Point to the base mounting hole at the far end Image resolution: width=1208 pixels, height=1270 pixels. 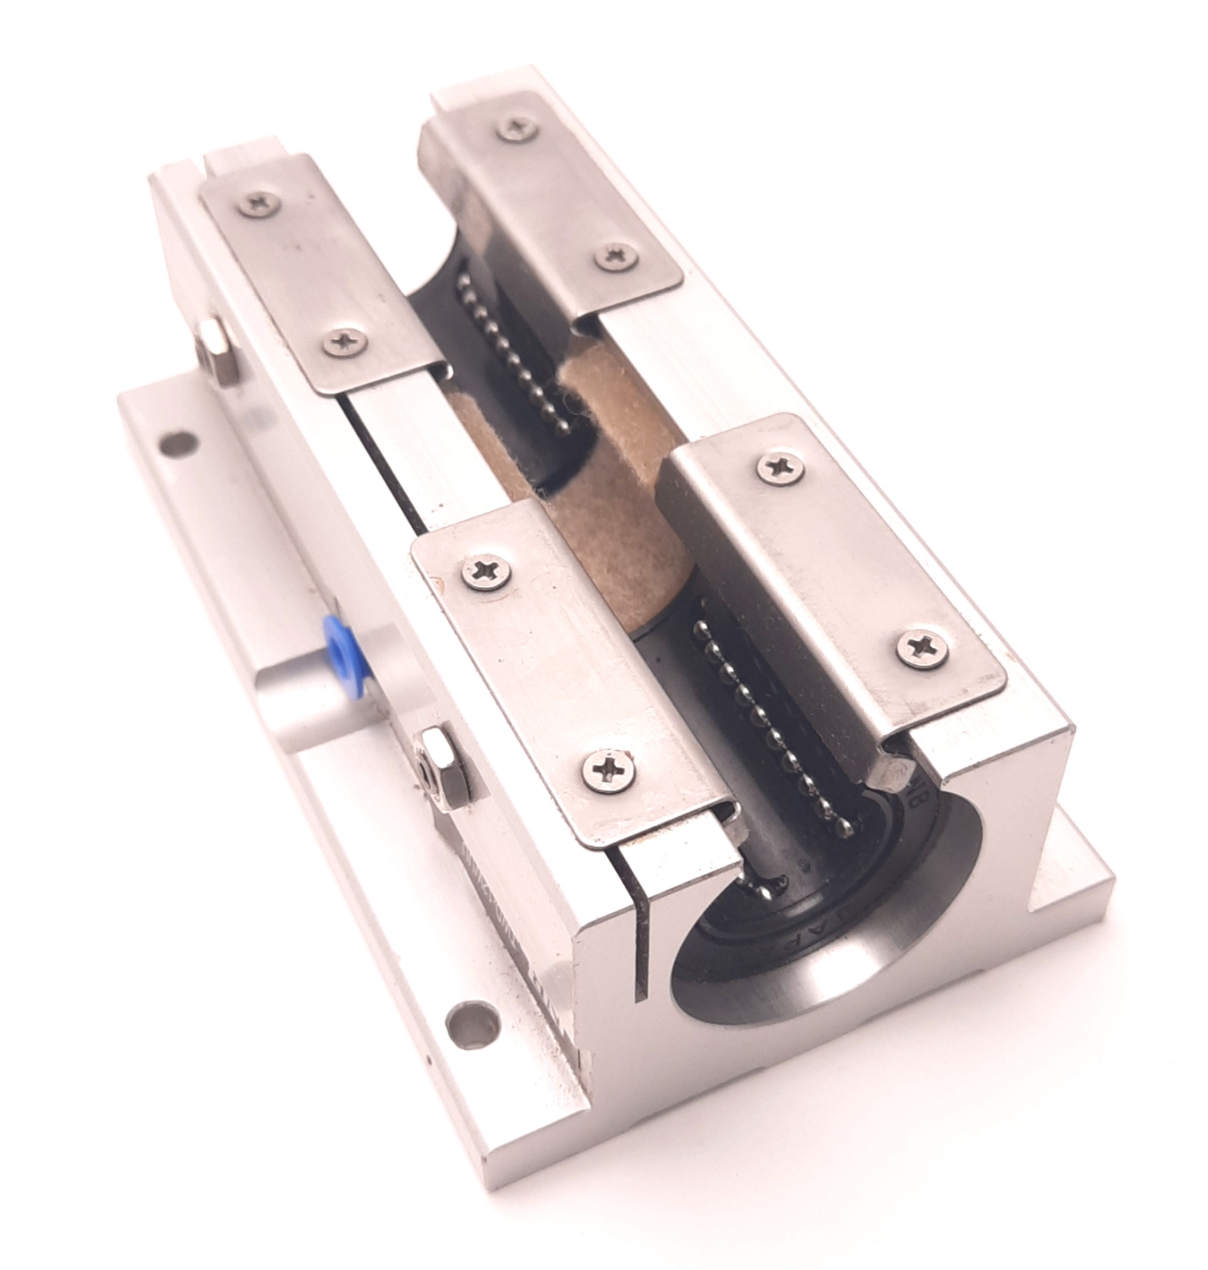point(176,443)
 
